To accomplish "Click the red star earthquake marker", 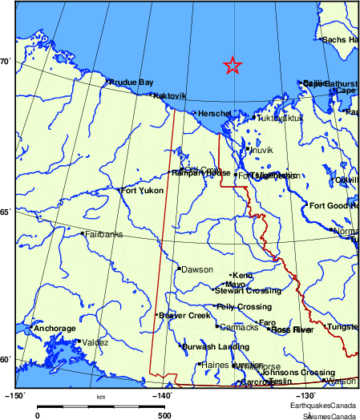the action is [232, 66].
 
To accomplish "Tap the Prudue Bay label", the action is [131, 82].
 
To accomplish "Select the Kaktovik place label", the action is [169, 95].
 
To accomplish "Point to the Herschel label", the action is [214, 114].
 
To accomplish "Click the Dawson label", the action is [197, 269].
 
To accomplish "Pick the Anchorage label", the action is [55, 329].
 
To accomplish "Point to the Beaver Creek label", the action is [184, 315].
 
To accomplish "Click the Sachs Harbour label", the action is [340, 39].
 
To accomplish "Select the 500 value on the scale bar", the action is [163, 415].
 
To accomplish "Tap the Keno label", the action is [242, 275].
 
